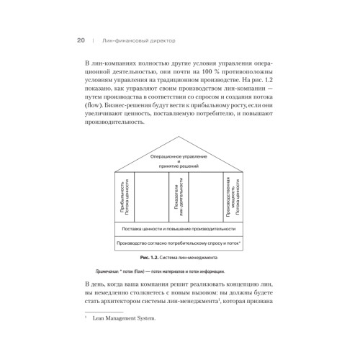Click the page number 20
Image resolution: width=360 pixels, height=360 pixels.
pos(81,42)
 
